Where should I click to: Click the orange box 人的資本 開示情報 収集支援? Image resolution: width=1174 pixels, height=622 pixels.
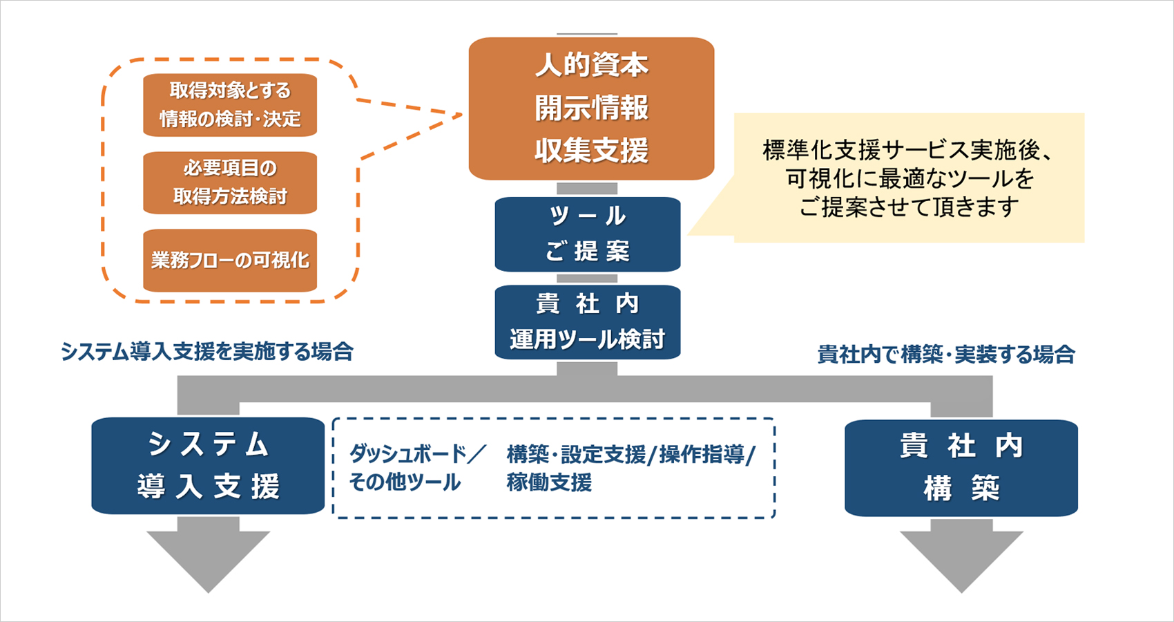(591, 109)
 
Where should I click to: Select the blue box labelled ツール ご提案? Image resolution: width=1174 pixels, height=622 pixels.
(587, 234)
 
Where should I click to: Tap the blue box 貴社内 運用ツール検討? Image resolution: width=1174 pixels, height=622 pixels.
(587, 321)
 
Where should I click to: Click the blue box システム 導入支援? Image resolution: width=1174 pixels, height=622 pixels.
(208, 465)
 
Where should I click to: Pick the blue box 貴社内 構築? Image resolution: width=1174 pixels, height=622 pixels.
(961, 468)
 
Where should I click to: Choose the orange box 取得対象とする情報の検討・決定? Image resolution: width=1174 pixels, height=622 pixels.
(230, 104)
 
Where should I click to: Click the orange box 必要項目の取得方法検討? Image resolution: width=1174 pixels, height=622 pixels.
(230, 182)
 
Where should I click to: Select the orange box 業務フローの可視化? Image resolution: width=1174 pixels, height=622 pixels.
(230, 261)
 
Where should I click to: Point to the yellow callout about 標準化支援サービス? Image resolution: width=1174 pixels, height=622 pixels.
(908, 178)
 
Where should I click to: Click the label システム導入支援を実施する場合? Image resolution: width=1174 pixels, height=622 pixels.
(207, 352)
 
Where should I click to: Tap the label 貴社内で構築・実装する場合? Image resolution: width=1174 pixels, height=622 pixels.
(946, 355)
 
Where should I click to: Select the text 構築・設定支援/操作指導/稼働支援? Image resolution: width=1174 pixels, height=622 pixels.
(631, 468)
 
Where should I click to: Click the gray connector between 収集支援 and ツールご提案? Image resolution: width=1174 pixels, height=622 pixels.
(587, 189)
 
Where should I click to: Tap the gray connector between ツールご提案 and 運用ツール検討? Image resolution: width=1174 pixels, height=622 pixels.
(587, 279)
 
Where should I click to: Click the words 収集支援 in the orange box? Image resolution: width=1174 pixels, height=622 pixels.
(591, 151)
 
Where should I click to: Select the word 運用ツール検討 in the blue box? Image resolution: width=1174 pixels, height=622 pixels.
(587, 339)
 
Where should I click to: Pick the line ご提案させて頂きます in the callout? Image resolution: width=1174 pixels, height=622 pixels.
(908, 207)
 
